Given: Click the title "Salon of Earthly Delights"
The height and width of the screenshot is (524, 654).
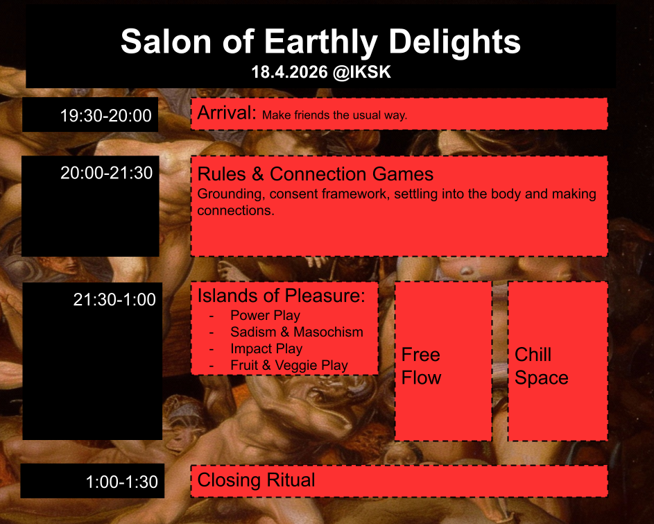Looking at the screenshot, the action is coord(320,42).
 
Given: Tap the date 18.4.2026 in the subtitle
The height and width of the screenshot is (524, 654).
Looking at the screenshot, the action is coord(289,72).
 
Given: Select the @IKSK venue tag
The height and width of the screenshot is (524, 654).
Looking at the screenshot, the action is coord(362,72).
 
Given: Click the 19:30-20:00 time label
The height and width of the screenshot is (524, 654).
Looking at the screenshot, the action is coord(106,115).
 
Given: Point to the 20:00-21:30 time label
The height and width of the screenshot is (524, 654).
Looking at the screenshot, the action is coord(107,173).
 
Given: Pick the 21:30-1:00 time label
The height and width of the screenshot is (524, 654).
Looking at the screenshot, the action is coord(114,299).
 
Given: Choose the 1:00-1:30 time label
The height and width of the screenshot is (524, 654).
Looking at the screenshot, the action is coord(122,482).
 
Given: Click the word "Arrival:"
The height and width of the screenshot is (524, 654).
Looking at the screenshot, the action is coord(227,112).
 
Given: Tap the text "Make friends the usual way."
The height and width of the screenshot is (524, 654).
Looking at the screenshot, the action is coord(334,115).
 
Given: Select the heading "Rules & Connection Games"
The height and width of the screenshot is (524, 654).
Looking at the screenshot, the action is coord(316,174).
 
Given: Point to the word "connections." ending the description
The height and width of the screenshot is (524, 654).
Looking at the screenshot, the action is coord(236,210).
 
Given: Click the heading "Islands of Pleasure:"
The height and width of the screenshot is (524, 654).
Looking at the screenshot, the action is coord(281,296).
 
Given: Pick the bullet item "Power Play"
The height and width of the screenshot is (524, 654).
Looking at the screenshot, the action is coord(265,315).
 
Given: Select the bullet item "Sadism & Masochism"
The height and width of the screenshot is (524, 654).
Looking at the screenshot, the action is coord(297,332).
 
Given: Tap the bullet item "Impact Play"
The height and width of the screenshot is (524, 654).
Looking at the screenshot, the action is coord(266,348).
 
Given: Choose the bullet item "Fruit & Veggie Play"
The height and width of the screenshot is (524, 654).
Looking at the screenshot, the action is coord(289,365).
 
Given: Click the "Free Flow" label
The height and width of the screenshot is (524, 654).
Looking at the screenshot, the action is coord(421,366).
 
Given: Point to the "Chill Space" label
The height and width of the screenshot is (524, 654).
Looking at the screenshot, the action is coord(542,366).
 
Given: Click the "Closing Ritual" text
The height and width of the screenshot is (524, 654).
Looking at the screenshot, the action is coord(256,480).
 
